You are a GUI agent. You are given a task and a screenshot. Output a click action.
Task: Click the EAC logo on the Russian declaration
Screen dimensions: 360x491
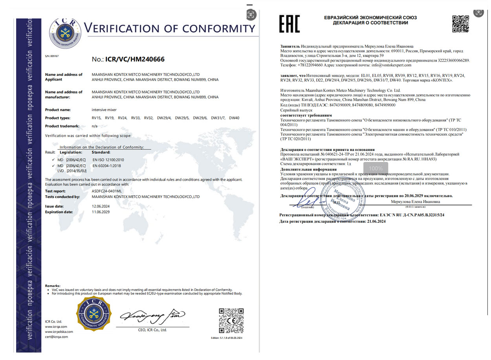(x=289, y=24)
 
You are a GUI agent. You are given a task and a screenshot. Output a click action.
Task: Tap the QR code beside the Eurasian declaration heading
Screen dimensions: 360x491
(x=461, y=24)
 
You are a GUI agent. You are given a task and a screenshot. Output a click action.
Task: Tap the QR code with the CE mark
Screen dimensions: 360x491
(x=231, y=320)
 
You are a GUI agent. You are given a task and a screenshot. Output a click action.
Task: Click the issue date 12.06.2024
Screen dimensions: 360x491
(x=100, y=206)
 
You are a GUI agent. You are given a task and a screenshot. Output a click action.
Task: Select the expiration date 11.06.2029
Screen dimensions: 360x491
(x=100, y=212)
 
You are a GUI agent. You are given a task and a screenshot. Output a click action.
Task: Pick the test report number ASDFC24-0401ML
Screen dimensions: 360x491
(x=107, y=191)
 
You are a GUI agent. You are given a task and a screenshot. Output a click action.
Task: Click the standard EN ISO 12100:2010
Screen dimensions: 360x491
(x=108, y=160)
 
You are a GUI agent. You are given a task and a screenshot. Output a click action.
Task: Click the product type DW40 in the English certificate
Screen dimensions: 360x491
(x=234, y=118)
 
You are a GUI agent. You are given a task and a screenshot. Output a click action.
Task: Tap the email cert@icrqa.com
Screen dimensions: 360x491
(x=57, y=336)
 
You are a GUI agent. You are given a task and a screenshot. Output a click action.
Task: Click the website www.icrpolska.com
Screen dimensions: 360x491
(x=59, y=331)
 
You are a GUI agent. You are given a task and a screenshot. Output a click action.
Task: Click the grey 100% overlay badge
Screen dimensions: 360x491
(x=376, y=168)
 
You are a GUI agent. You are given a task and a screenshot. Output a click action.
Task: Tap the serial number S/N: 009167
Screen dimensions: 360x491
(x=52, y=56)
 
